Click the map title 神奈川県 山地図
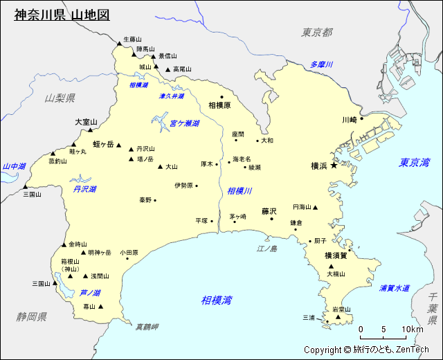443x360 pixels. click(62, 15)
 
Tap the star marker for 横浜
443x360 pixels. click(334, 166)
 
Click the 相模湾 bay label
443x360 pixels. click(217, 300)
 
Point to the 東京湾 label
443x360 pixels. click(414, 163)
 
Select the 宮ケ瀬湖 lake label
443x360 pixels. click(184, 123)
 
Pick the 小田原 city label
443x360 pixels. click(129, 253)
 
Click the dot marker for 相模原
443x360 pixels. click(222, 98)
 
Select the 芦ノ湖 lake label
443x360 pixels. click(90, 293)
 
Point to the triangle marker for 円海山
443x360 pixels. click(315, 207)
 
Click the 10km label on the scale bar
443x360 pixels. click(412, 329)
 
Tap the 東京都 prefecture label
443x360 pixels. click(317, 33)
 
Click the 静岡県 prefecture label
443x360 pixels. click(32, 316)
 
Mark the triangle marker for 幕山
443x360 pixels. click(101, 307)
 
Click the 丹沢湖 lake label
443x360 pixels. click(84, 188)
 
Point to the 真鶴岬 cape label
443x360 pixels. click(147, 327)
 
